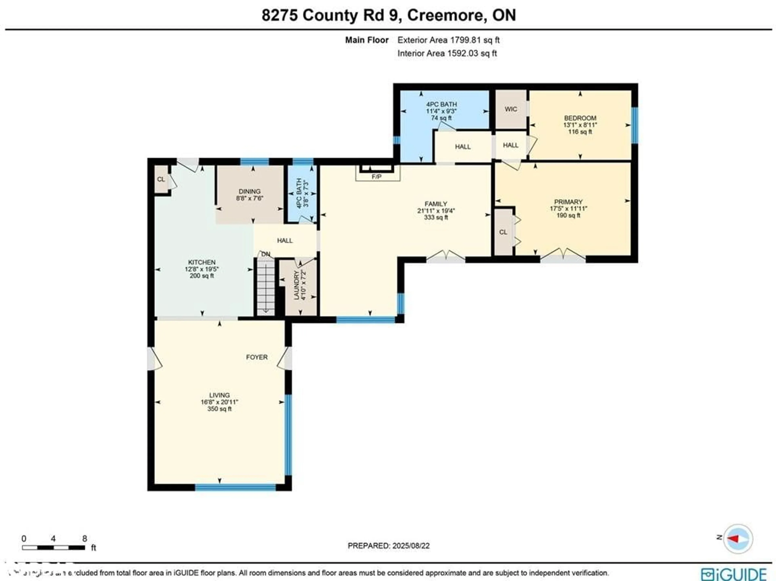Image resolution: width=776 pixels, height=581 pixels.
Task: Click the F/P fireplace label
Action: point(376,177)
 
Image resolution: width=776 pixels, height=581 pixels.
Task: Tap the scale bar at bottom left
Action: point(53,547)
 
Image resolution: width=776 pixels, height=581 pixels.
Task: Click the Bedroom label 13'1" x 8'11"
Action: point(580,125)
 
